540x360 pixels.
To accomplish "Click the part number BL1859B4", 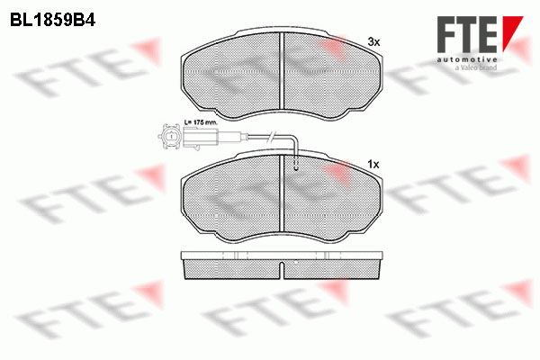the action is [52, 21].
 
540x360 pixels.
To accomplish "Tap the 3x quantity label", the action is [373, 42].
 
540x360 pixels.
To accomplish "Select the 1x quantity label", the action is [373, 165].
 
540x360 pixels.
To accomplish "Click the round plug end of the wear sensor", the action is [169, 137].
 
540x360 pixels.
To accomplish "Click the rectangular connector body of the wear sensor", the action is [200, 138].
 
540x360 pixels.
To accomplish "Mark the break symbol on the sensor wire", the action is [272, 137].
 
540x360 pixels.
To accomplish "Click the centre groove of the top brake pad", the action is [282, 70].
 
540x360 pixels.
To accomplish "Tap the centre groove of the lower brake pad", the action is [282, 193].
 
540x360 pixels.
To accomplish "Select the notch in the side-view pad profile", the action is [282, 270].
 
